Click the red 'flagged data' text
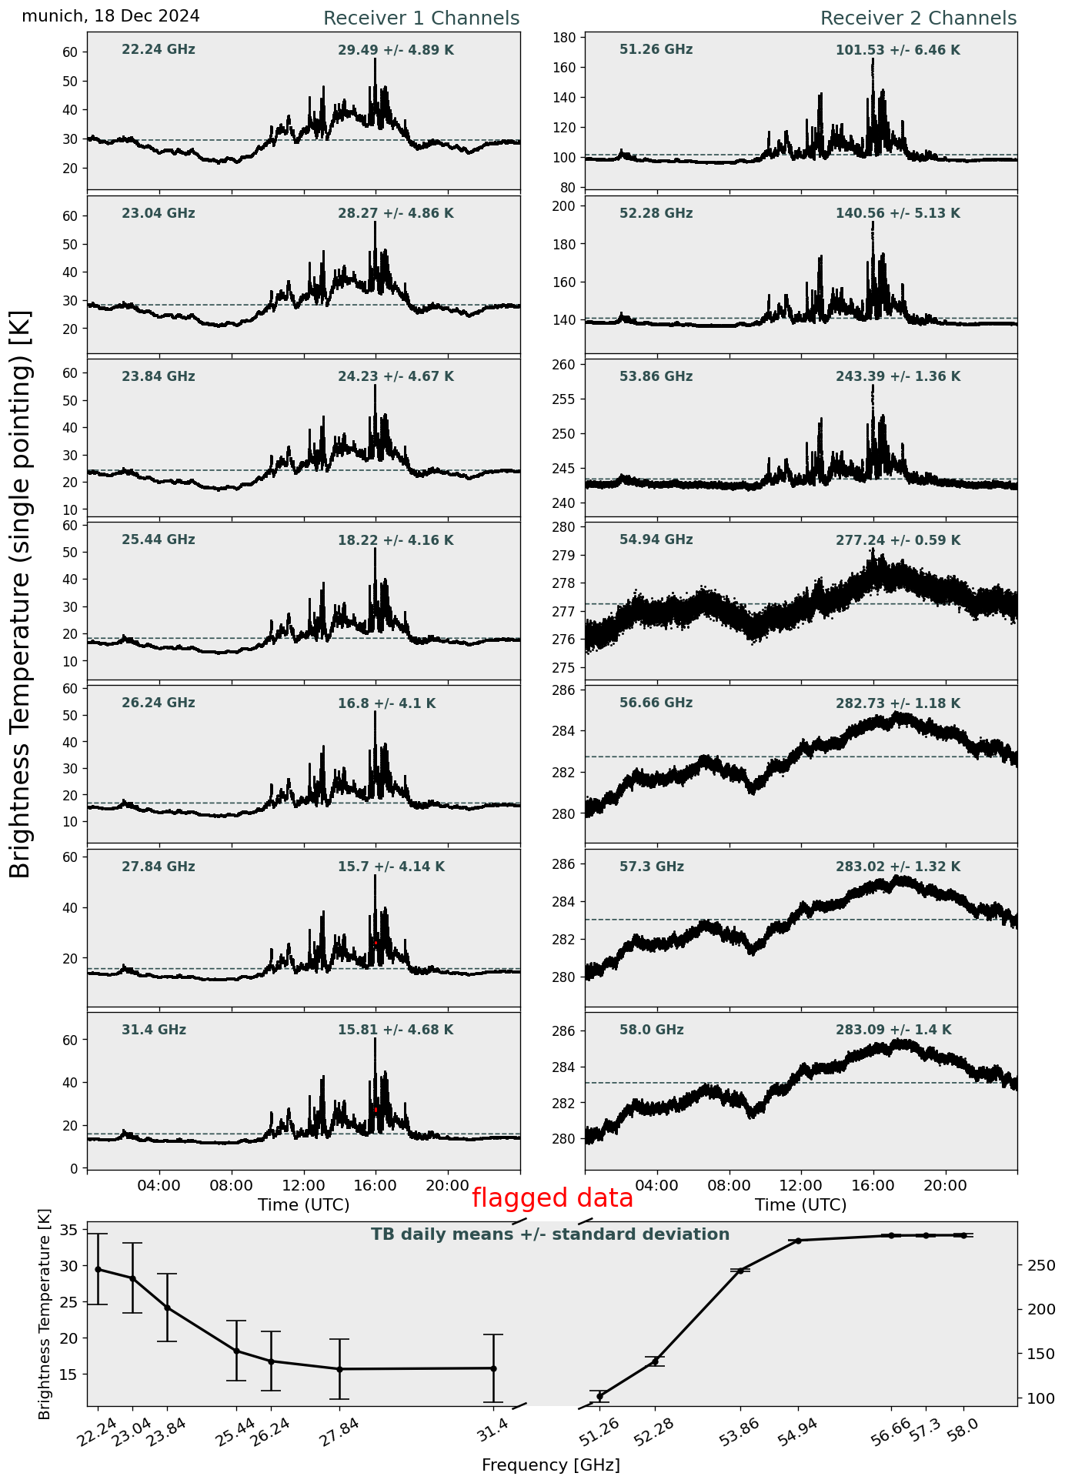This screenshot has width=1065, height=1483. pos(553,1198)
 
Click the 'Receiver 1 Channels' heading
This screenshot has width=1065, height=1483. pos(421,18)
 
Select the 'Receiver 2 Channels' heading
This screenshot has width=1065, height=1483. pos(919,18)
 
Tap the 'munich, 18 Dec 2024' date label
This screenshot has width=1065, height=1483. pos(111,16)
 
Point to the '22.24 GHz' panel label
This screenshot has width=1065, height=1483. pos(159,50)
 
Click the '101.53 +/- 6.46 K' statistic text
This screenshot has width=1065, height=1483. pos(898,51)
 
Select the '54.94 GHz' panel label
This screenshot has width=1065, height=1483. pos(656,540)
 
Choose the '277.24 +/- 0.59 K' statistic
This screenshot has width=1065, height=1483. pos(898,541)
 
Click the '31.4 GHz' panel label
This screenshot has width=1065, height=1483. pos(154,1030)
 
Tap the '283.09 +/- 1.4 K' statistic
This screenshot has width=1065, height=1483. pos(893,1030)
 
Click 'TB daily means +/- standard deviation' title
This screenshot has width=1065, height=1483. pos(550,1234)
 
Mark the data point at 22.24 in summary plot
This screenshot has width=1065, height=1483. pos(98,1269)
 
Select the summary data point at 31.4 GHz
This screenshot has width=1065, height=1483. pos(493,1368)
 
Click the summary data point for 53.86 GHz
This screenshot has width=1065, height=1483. pos(740,1271)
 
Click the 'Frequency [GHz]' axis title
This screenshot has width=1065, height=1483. pos(551,1465)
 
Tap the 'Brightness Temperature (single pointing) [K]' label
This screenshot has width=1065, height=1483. pos(21,594)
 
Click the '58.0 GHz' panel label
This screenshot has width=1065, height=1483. pos(652,1030)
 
